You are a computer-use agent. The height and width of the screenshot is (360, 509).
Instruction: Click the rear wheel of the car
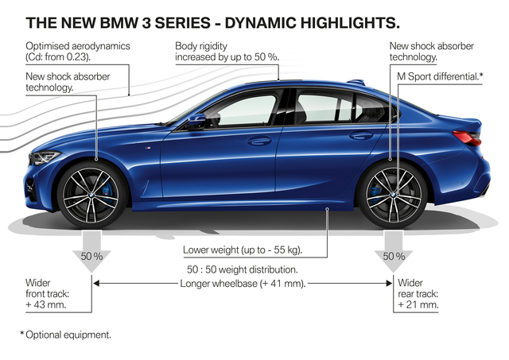392,192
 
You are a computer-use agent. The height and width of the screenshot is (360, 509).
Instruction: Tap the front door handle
259,141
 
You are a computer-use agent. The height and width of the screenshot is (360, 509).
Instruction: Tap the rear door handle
360,136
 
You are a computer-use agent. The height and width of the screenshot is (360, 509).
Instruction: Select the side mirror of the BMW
195,121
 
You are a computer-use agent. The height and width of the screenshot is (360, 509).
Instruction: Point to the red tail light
466,137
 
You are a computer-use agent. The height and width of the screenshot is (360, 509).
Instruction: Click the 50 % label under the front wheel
91,257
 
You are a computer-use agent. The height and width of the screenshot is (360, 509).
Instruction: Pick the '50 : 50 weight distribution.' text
243,270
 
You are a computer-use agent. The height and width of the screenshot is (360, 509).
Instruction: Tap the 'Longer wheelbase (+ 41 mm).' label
243,283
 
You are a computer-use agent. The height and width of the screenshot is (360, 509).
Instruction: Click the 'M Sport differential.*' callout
440,75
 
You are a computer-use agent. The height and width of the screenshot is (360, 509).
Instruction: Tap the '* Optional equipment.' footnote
65,335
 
